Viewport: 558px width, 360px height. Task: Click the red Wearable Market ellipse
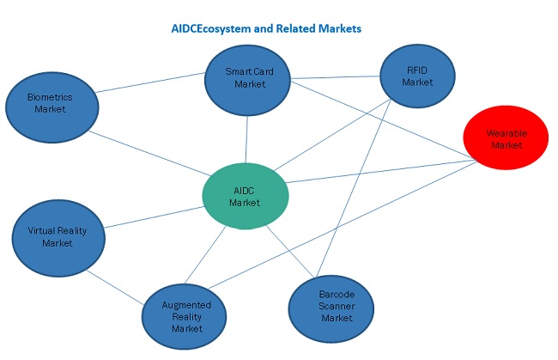tap(505, 140)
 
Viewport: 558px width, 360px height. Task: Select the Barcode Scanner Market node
tap(331, 307)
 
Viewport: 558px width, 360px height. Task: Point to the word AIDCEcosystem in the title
tap(215, 28)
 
